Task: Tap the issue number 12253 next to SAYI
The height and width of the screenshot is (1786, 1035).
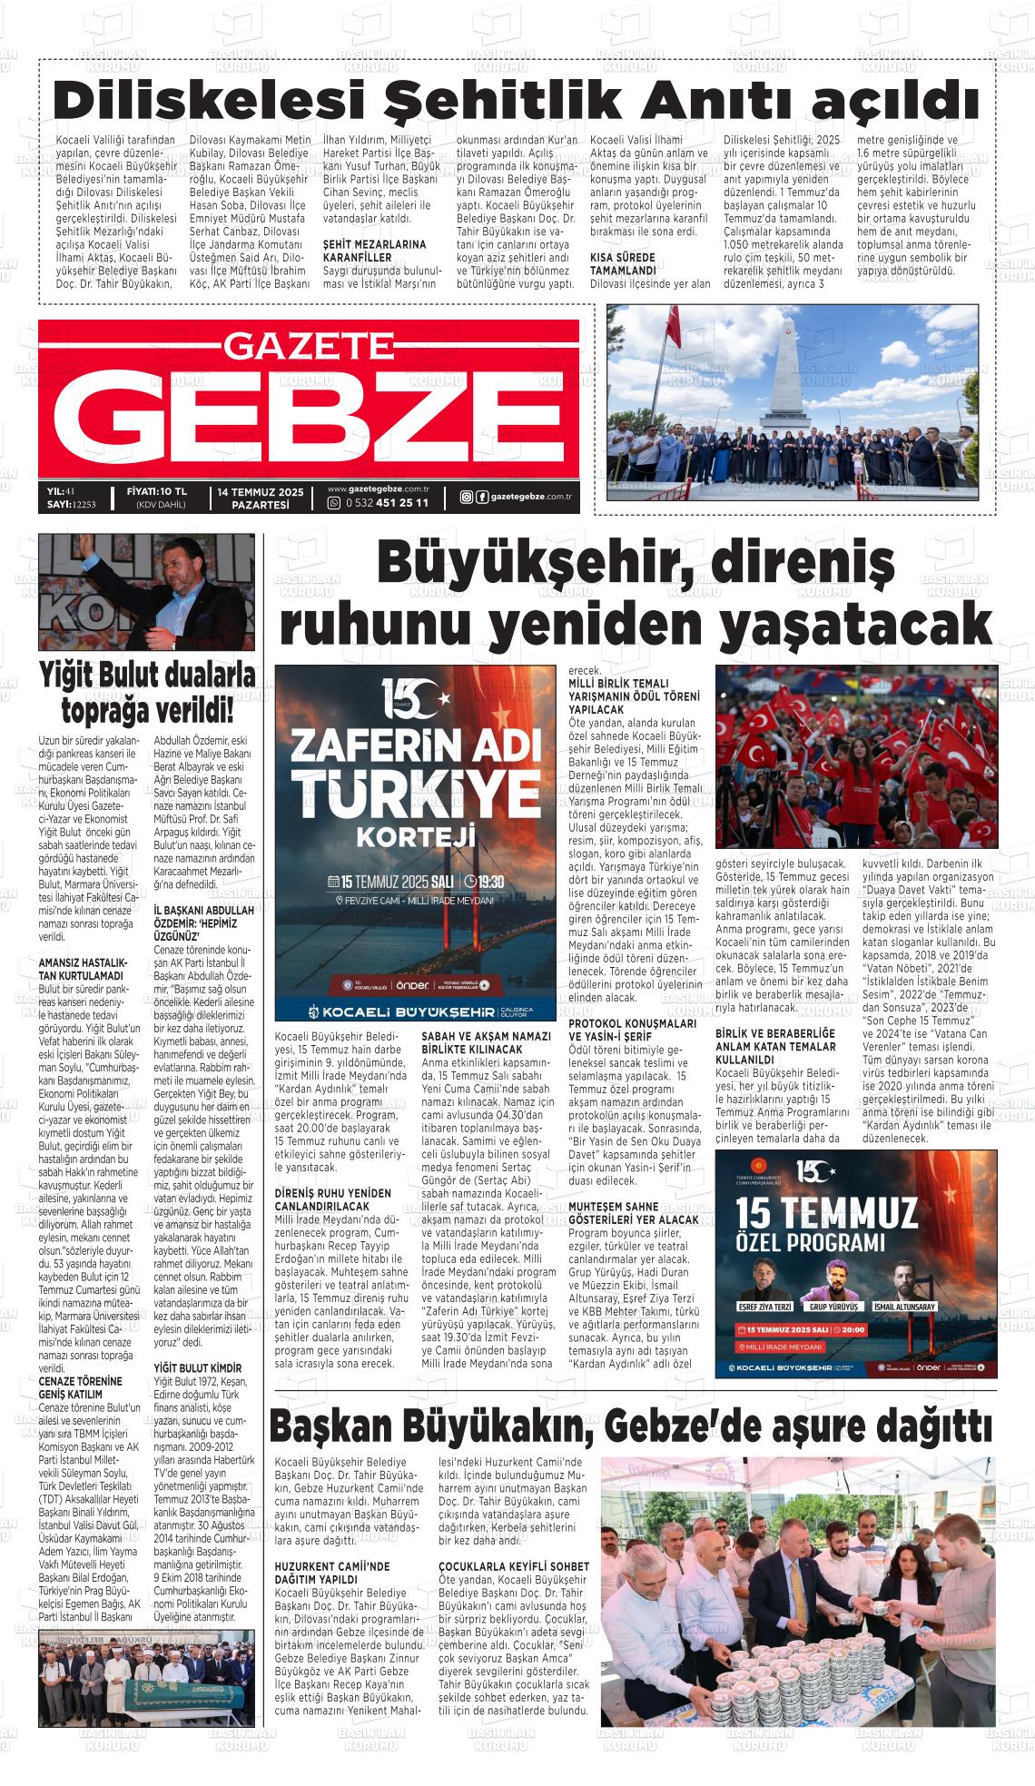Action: coord(84,504)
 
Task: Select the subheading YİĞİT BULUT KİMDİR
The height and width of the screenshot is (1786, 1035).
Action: coord(198,1367)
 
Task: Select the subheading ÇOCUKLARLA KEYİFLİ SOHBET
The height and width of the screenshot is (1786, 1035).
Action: coord(513,1566)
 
